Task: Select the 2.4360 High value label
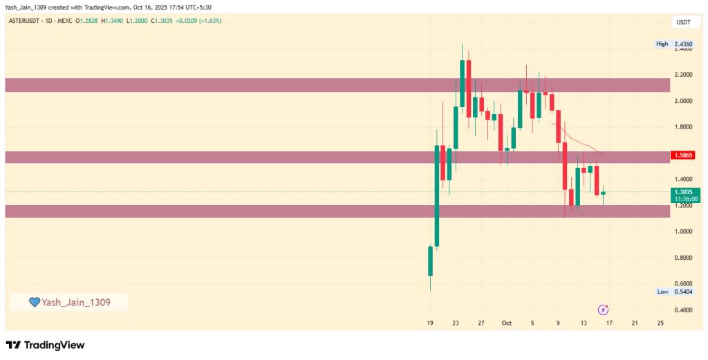coord(684,44)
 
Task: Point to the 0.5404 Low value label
coord(684,292)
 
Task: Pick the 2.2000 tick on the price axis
coord(683,75)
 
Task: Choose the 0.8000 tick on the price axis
coord(683,258)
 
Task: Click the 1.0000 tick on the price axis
coord(683,231)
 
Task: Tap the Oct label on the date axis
coord(506,323)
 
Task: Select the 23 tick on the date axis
coord(456,323)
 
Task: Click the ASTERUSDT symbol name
coord(26,21)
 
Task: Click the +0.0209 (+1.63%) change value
coord(200,21)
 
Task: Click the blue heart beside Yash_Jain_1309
coord(34,302)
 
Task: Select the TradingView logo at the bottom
coord(45,345)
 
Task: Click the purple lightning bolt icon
coord(603,310)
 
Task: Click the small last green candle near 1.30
coord(603,193)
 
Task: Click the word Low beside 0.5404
coord(662,292)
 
